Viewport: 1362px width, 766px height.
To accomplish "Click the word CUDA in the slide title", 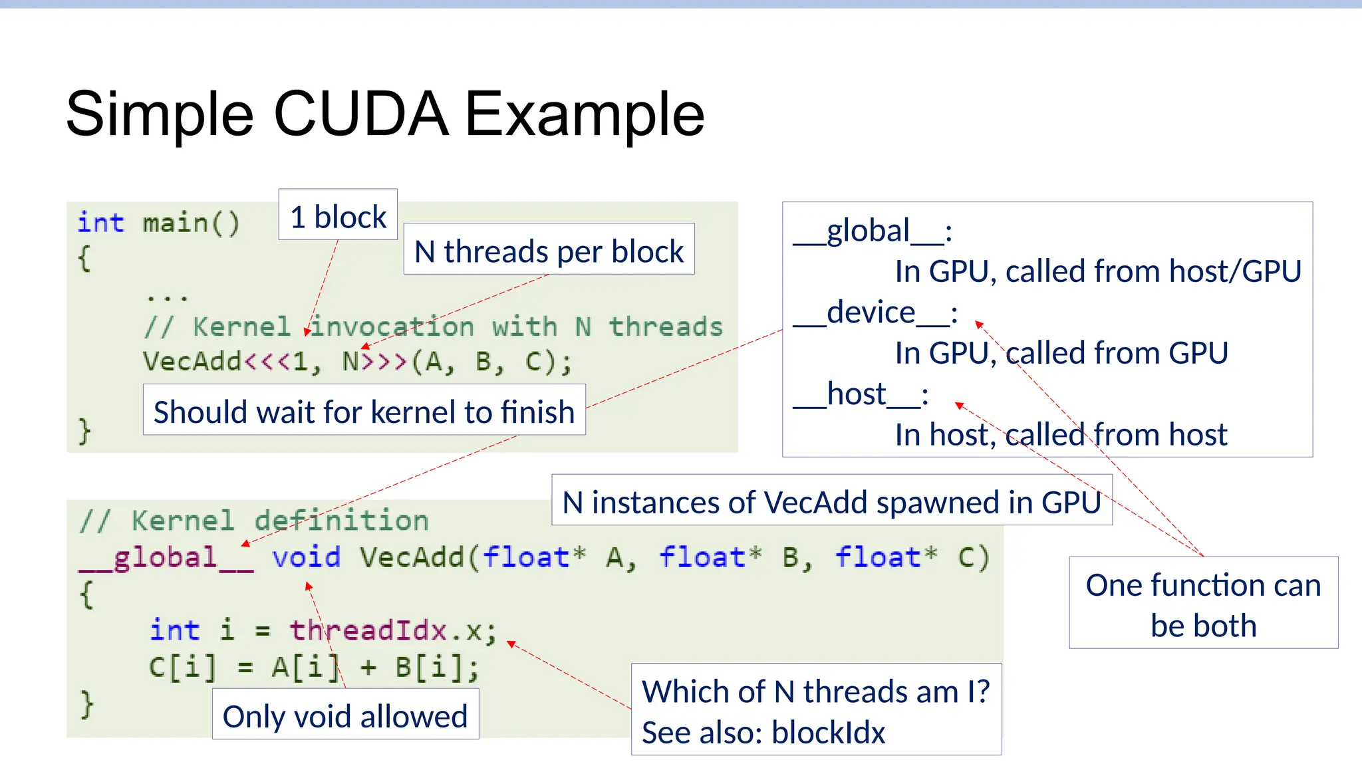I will pos(360,114).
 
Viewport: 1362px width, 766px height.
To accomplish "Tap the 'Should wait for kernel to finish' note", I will pos(364,412).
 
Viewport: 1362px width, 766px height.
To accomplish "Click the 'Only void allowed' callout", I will pos(345,716).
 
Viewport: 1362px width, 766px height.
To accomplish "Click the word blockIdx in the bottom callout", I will pos(828,733).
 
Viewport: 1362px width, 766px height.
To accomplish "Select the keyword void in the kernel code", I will pos(306,557).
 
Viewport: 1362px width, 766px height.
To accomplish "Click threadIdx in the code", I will pos(368,630).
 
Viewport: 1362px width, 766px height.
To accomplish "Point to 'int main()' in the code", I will pos(158,223).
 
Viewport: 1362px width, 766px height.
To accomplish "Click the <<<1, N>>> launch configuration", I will pos(326,362).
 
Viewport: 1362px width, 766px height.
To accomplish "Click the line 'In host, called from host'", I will pos(1060,435).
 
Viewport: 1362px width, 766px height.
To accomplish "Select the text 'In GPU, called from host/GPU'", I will pos(1097,271).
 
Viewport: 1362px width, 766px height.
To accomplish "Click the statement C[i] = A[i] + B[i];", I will pos(313,666).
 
